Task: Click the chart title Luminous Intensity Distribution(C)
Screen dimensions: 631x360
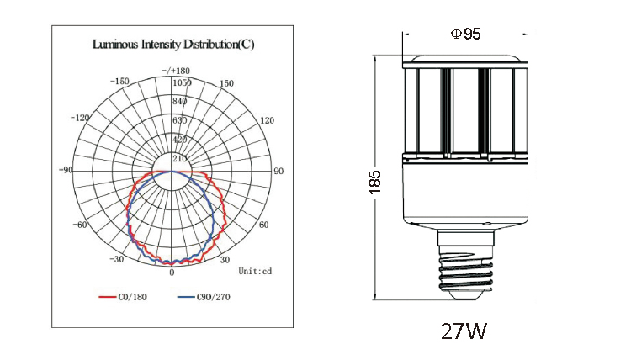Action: tap(173, 44)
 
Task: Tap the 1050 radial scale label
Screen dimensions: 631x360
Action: tap(182, 83)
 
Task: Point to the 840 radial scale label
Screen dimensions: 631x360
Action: tap(179, 102)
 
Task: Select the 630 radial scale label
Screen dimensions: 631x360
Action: tap(179, 120)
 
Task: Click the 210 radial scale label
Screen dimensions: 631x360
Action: tap(179, 158)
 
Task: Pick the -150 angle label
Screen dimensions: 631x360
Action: tap(119, 82)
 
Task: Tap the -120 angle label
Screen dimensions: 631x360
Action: tap(80, 118)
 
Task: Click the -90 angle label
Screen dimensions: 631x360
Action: tap(66, 170)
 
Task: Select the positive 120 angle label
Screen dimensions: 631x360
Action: tap(268, 120)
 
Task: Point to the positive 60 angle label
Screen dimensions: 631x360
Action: tap(263, 225)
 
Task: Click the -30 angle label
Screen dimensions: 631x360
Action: tap(117, 259)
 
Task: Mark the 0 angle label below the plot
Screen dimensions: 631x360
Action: tap(172, 273)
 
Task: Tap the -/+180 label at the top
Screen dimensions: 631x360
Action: tap(176, 71)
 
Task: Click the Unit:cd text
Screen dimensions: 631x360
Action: tap(255, 271)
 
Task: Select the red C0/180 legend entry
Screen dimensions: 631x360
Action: tap(123, 297)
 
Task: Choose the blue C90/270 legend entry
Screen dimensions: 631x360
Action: tap(204, 297)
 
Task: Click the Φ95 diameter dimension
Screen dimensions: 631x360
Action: tap(465, 34)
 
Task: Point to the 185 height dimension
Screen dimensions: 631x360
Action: tap(374, 183)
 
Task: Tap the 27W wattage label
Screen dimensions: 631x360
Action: tap(464, 331)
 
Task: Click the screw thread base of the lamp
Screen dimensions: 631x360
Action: tap(465, 271)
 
